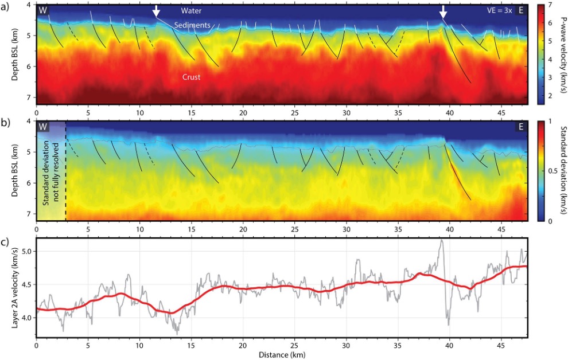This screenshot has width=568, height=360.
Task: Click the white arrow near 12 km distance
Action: click(156, 11)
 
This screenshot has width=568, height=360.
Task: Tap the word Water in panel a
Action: click(191, 11)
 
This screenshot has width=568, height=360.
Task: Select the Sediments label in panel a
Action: click(192, 25)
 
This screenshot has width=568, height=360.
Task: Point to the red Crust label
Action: click(191, 77)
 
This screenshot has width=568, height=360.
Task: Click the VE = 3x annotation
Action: click(500, 10)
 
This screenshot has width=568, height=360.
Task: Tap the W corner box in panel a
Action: click(43, 10)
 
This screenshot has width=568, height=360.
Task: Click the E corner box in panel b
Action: click(521, 127)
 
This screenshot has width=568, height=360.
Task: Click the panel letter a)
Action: click(5, 6)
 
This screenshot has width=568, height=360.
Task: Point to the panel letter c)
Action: click(5, 242)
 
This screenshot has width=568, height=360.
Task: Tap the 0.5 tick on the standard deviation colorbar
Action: click(553, 171)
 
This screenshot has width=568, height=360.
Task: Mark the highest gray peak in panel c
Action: click(441, 240)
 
